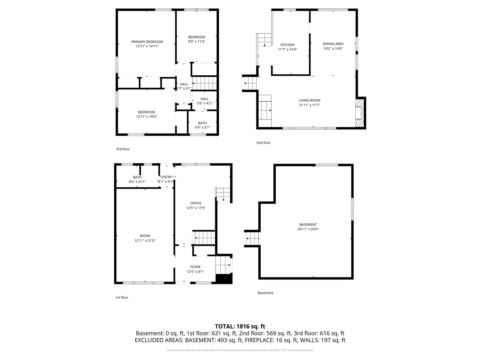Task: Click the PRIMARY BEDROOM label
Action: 147,42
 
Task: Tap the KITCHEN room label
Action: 287,45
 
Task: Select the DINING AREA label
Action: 333,44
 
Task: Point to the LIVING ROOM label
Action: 309,100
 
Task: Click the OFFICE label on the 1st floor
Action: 195,203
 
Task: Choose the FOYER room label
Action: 195,267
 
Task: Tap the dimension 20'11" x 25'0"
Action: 308,229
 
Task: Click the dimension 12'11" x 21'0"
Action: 145,240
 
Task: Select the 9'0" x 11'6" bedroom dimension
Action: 196,42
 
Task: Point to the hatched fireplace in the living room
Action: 360,113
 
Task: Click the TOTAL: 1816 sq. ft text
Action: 240,326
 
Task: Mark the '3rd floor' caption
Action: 123,149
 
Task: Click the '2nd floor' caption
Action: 263,143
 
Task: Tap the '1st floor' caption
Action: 121,297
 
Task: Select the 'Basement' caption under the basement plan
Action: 265,293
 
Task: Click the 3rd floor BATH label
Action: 202,123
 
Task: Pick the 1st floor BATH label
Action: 137,177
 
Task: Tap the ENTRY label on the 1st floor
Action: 166,177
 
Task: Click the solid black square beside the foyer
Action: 224,279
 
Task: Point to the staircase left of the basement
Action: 252,238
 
